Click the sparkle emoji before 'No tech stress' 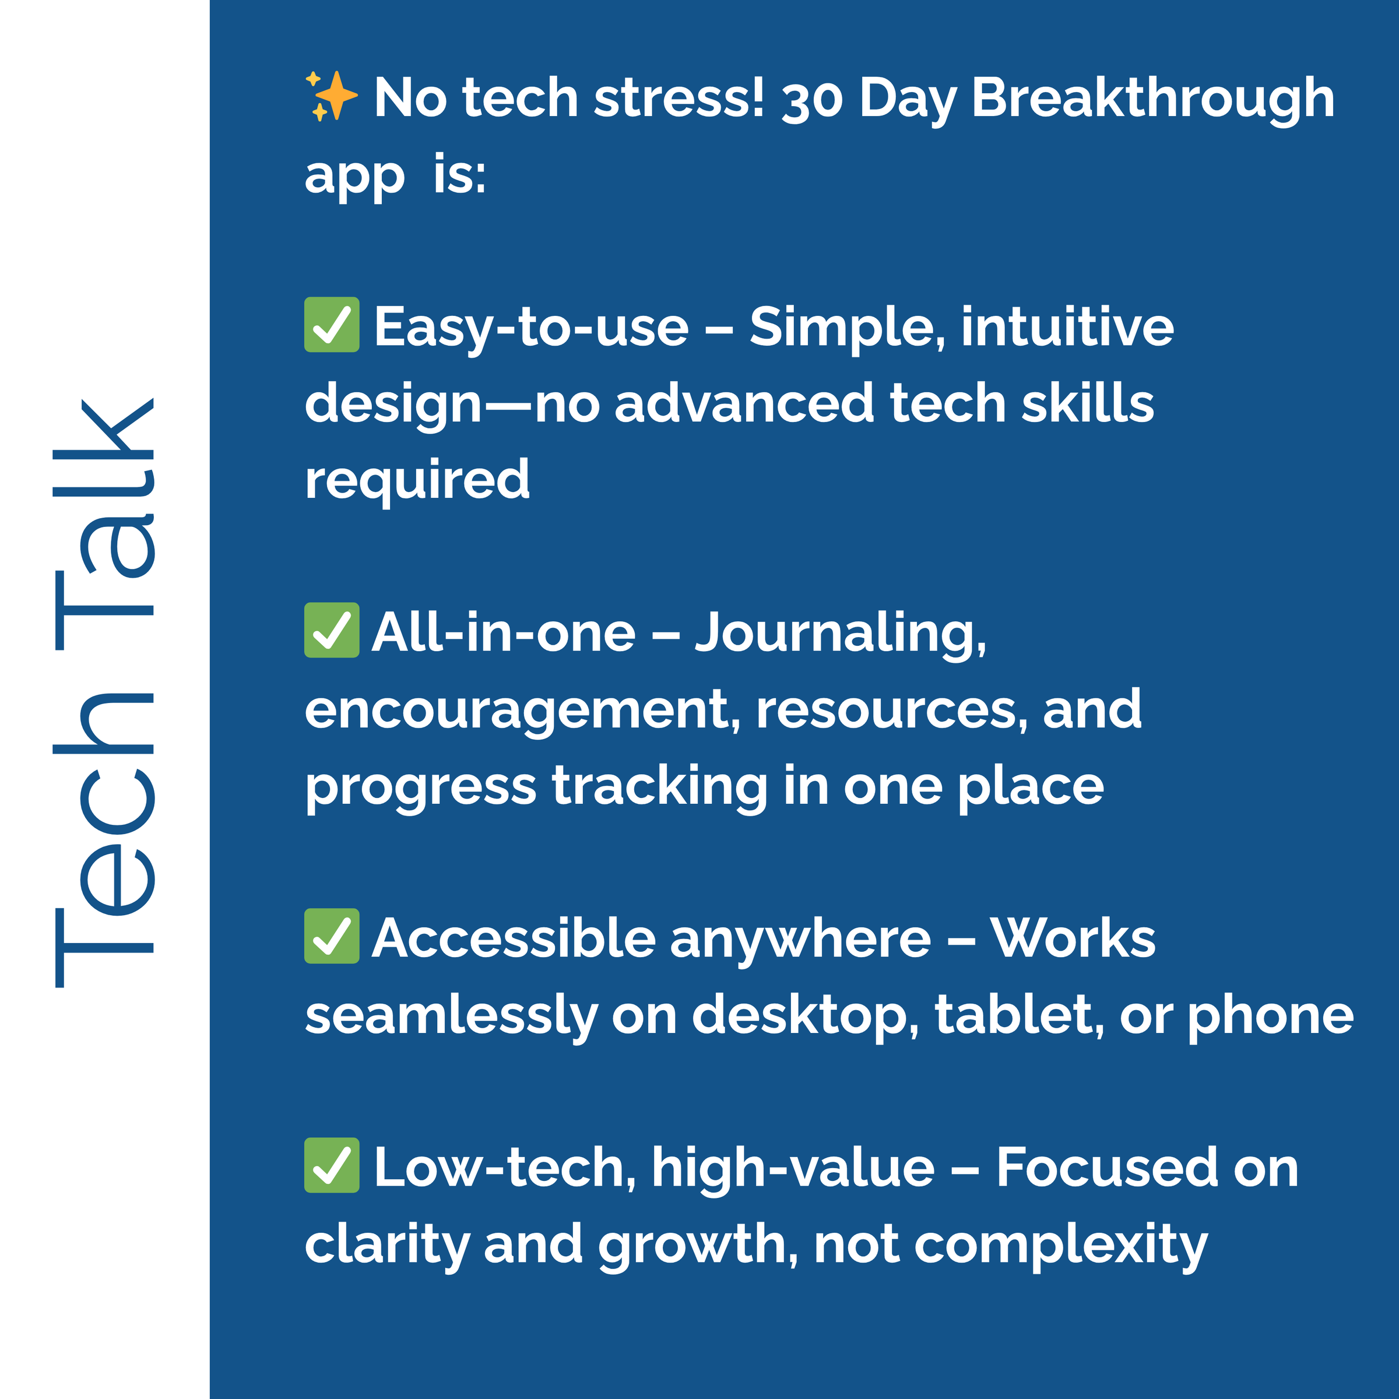click(x=331, y=96)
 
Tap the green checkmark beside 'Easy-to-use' click(x=332, y=325)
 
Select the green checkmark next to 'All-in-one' click(x=332, y=630)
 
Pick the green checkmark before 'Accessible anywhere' click(x=332, y=936)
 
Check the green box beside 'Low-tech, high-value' click(x=332, y=1165)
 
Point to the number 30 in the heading click(x=813, y=100)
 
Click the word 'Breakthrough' click(x=1153, y=100)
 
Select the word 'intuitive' click(x=1067, y=326)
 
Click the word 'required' click(x=417, y=481)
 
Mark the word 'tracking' click(x=660, y=789)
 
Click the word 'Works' click(x=1073, y=938)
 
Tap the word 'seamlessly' click(x=451, y=1017)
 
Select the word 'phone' click(x=1271, y=1017)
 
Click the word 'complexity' click(x=1061, y=1247)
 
